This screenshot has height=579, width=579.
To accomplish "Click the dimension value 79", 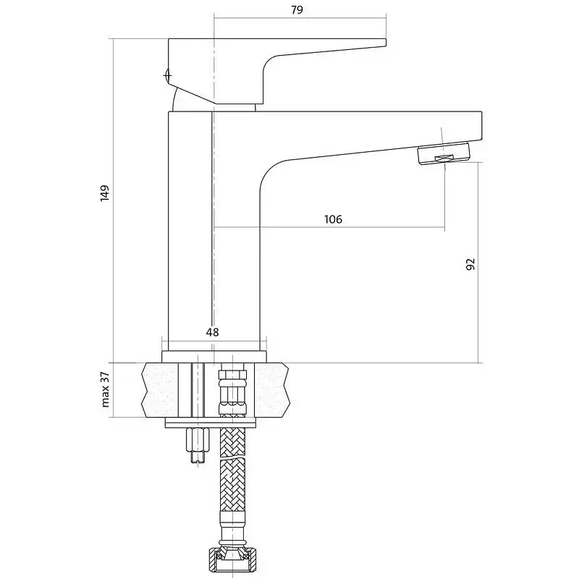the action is (297, 9).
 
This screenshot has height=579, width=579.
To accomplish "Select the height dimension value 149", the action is (105, 193).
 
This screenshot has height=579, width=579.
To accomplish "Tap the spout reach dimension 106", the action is (333, 219).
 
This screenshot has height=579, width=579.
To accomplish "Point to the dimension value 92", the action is (470, 264).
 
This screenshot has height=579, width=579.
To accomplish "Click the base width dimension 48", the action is (212, 332).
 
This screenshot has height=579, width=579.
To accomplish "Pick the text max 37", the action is (105, 389).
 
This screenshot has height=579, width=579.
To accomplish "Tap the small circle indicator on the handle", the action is (167, 76).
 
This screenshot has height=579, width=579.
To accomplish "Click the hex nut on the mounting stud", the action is (198, 440).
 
